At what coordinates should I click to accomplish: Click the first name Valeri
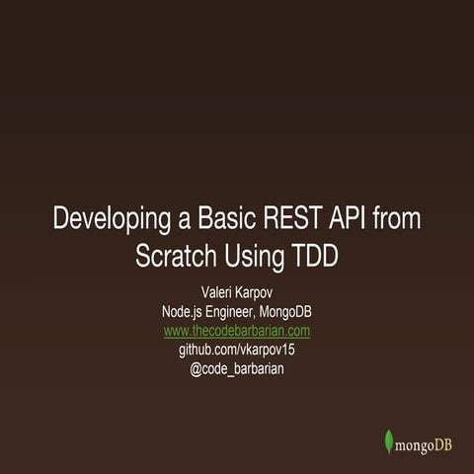(x=210, y=294)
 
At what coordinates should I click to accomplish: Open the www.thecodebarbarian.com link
(x=237, y=331)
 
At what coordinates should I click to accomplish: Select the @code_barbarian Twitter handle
(x=237, y=368)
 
